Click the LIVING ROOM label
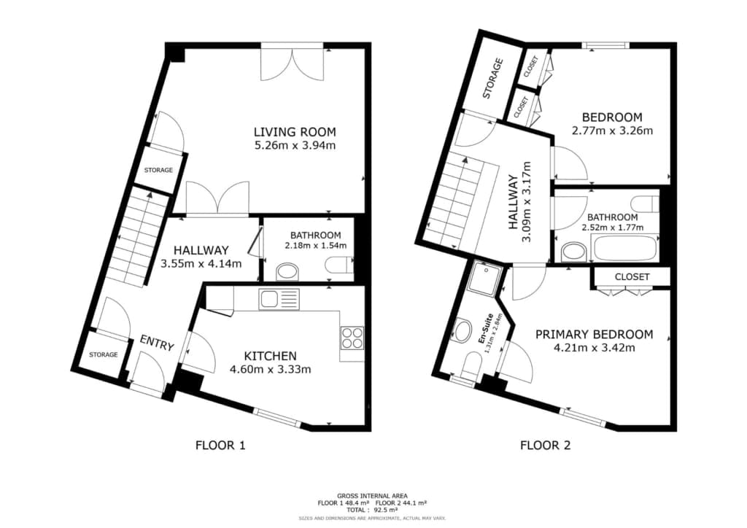(x=295, y=132)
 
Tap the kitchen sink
(x=279, y=298)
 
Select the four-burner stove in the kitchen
(x=352, y=338)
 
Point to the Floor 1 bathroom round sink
(x=287, y=272)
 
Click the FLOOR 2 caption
(x=545, y=446)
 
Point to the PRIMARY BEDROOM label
(x=594, y=334)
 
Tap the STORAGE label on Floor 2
(x=493, y=78)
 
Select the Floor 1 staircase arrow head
(x=150, y=194)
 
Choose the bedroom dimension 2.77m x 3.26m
(x=612, y=130)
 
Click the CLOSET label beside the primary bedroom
(x=632, y=276)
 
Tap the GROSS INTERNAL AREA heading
(x=372, y=496)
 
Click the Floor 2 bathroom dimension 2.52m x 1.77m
(x=612, y=228)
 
